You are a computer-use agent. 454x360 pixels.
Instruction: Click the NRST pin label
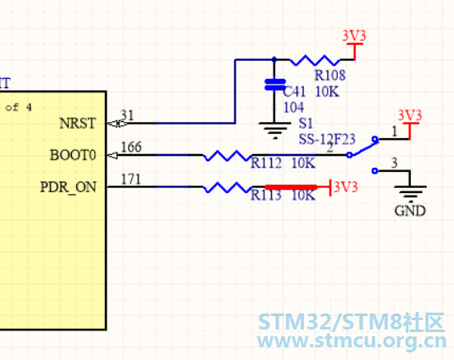[x=77, y=124]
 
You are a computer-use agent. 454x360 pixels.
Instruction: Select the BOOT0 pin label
[x=73, y=155]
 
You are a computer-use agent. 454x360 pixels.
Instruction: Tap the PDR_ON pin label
[x=69, y=187]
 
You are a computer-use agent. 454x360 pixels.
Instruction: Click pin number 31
[x=127, y=115]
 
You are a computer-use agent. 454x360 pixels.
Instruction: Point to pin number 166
[x=131, y=147]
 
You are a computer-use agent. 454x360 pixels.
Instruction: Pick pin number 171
[x=131, y=179]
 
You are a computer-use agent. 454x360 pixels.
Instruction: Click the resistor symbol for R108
[x=315, y=60]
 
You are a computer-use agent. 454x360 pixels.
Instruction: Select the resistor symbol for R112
[x=228, y=156]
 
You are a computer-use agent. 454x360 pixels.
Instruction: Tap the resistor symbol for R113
[x=228, y=187]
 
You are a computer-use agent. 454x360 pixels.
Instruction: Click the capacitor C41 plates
[x=275, y=85]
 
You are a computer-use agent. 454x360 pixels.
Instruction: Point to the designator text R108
[x=329, y=75]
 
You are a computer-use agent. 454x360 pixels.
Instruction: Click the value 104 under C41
[x=294, y=108]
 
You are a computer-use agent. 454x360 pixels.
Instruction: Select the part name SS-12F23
[x=327, y=139]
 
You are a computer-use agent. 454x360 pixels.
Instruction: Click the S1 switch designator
[x=306, y=124]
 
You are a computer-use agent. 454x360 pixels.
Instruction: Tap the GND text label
[x=410, y=211]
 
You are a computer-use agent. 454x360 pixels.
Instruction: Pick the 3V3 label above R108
[x=354, y=36]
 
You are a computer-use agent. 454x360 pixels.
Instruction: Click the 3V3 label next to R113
[x=346, y=187]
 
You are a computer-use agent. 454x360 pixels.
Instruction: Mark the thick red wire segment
[x=291, y=187]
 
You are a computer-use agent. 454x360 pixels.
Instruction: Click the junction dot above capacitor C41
[x=274, y=59]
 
